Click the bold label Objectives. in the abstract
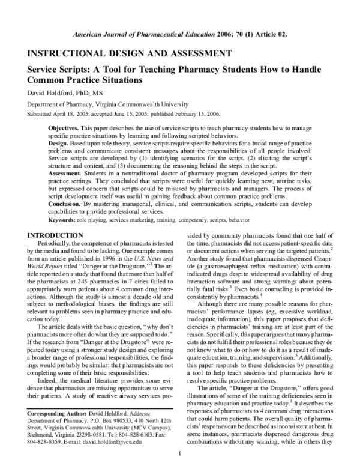tap(63, 129)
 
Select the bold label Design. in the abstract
tap(59, 145)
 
